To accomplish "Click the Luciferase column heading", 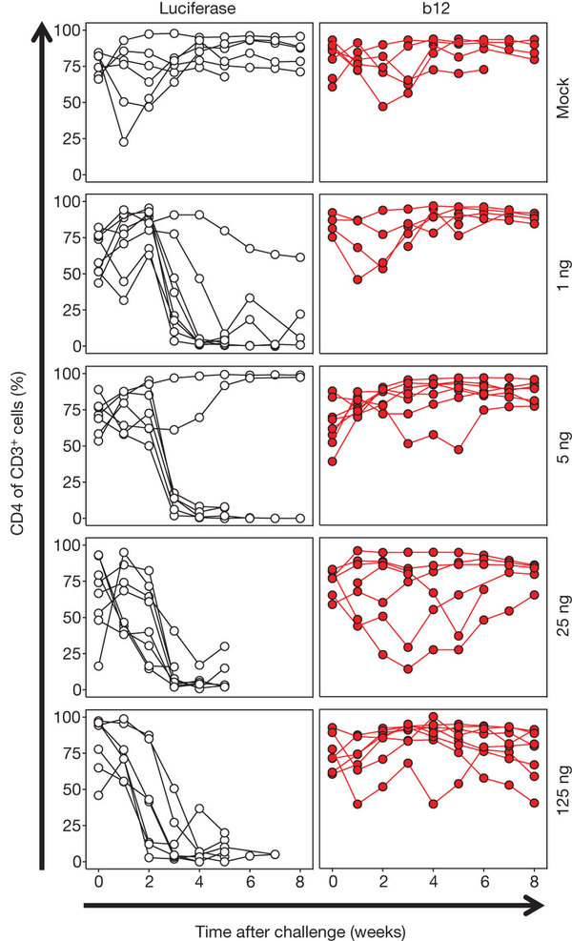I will coord(198,10).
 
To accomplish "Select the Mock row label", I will coord(561,99).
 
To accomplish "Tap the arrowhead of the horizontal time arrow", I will coord(550,899).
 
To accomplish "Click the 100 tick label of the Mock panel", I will coord(64,31).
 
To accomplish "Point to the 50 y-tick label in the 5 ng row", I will coord(67,445).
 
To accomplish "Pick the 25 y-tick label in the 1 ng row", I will coord(67,310).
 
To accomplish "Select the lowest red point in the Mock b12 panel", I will coord(383,106).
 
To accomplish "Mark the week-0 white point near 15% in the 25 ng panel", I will coord(98,665).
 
